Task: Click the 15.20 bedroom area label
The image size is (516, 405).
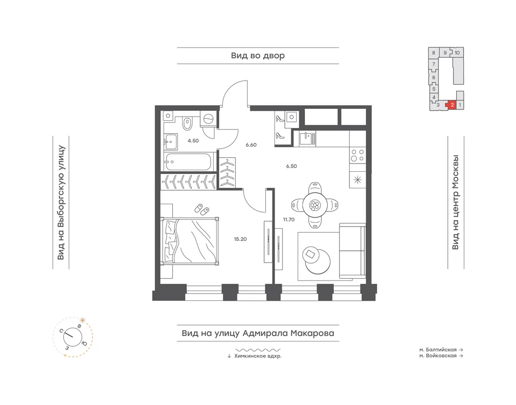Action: (x=240, y=239)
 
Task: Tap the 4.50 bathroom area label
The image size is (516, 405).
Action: (x=193, y=141)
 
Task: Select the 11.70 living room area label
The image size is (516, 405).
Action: (x=289, y=219)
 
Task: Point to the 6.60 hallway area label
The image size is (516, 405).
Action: (x=251, y=145)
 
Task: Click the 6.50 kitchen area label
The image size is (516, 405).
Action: (x=292, y=166)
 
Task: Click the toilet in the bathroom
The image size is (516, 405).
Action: (x=187, y=122)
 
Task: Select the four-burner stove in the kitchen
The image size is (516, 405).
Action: (x=358, y=155)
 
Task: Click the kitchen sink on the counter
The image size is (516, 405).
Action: (x=307, y=138)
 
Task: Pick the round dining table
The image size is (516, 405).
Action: (x=315, y=205)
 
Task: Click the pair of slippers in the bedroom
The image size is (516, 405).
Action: (x=202, y=209)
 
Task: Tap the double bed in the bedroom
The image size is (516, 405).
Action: (x=189, y=240)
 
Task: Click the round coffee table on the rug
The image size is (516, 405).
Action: (x=317, y=260)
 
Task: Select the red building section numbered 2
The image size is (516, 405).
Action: (x=452, y=105)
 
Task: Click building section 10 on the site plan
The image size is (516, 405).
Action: (x=457, y=53)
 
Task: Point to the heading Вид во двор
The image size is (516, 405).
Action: (x=257, y=56)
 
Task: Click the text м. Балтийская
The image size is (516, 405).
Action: (x=438, y=350)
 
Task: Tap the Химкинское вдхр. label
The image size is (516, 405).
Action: (x=258, y=356)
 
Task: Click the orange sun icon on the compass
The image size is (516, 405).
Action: (x=82, y=320)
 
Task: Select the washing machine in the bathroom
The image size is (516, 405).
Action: (x=208, y=119)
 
